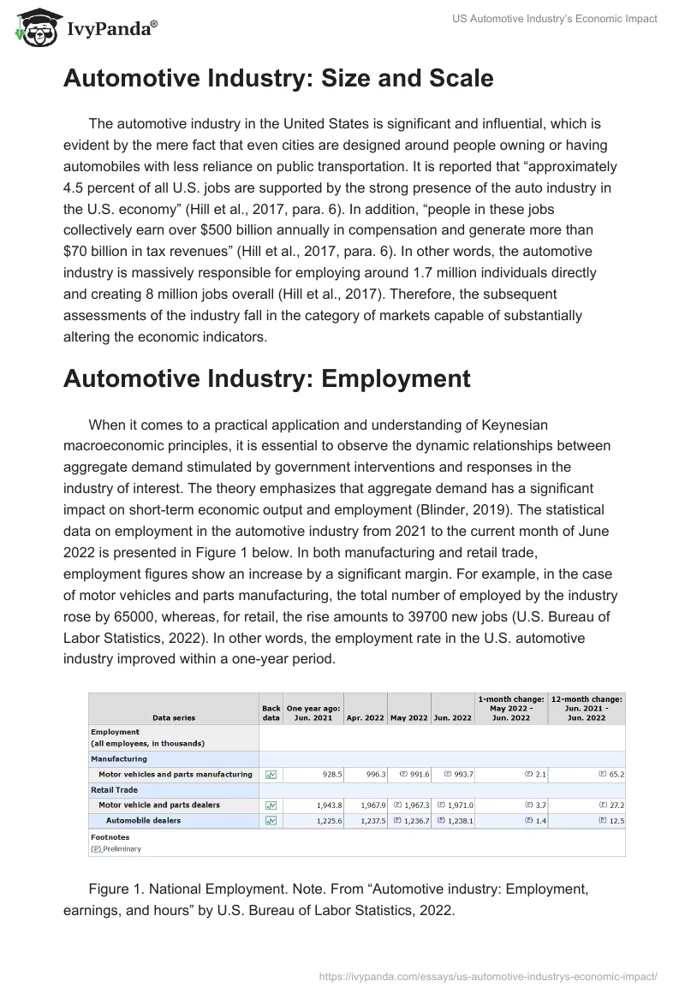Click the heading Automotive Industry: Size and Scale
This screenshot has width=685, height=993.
pos(278,79)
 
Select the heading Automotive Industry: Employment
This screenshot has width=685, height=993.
pos(266,378)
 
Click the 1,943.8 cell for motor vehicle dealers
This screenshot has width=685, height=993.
pos(325,806)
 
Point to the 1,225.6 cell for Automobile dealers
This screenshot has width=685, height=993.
pos(325,821)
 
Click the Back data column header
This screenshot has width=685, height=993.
pos(271,713)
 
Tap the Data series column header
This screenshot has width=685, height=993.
pos(174,717)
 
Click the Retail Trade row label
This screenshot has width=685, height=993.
pos(114,790)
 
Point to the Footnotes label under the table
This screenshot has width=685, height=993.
pos(110,837)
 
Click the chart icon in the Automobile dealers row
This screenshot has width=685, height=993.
pos(271,821)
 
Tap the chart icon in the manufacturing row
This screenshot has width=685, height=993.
pos(271,774)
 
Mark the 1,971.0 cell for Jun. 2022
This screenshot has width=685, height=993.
pos(456,806)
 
